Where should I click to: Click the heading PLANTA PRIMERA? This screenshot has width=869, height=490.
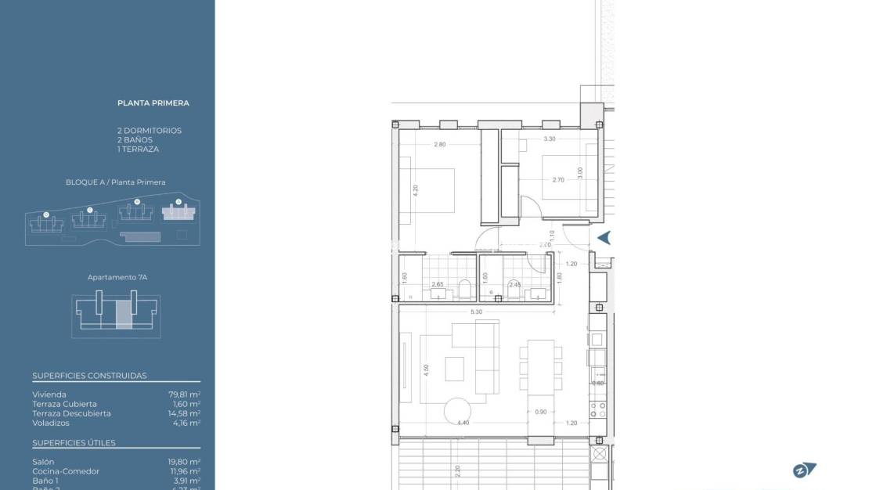(x=153, y=103)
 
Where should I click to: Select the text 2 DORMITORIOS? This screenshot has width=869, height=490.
(x=149, y=131)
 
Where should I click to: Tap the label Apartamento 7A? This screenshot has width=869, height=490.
(x=117, y=277)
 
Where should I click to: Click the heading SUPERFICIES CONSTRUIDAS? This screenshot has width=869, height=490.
(x=89, y=376)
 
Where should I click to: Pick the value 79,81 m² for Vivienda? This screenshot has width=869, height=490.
(x=182, y=395)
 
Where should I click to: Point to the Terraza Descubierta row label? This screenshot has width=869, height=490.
(x=71, y=413)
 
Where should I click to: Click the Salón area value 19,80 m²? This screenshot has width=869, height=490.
(x=182, y=462)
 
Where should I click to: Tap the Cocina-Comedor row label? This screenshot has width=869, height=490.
(x=66, y=471)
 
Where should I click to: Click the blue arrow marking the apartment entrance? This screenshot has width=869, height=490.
(x=604, y=238)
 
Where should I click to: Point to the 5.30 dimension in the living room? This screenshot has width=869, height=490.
(x=476, y=312)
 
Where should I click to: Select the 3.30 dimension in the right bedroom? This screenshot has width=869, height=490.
(x=549, y=139)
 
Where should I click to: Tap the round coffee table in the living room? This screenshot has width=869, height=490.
(x=458, y=411)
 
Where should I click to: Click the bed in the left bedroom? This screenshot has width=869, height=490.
(x=428, y=190)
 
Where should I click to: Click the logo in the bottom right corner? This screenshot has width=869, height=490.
(x=804, y=470)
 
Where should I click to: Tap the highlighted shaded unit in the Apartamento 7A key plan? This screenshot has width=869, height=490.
(x=124, y=314)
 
